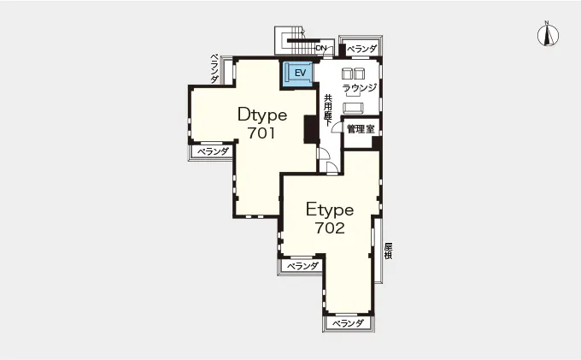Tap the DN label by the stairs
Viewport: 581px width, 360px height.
[x=321, y=48]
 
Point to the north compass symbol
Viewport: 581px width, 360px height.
[x=548, y=34]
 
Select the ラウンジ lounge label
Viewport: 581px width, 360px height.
[x=359, y=87]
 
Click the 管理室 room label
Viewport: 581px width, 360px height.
[x=361, y=129]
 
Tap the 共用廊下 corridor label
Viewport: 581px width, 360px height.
[x=328, y=110]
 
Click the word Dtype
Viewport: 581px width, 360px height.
[x=262, y=115]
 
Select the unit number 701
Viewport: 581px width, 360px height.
[x=261, y=133]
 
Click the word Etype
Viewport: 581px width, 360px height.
[x=330, y=210]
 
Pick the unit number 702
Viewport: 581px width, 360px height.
[x=330, y=227]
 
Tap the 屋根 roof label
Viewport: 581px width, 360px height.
[x=388, y=251]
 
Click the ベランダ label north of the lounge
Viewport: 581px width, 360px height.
[x=361, y=49]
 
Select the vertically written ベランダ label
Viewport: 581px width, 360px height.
[x=214, y=68]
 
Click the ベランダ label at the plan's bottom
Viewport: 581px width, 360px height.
[x=348, y=323]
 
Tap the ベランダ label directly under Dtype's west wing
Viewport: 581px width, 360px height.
[x=212, y=151]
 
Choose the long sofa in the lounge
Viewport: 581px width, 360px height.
[x=353, y=108]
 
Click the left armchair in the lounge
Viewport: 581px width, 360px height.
[x=346, y=74]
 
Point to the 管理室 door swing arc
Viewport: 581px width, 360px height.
[x=336, y=126]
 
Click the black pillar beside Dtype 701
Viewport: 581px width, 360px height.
[x=311, y=129]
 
